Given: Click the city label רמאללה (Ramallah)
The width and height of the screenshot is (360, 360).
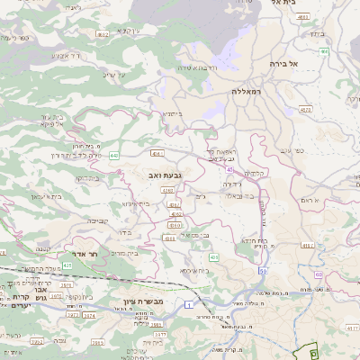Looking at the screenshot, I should tap(244, 92).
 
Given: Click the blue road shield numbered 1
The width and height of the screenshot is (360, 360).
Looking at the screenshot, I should tap(188, 307).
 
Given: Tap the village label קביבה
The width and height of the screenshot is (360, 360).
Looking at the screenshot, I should tap(96, 220).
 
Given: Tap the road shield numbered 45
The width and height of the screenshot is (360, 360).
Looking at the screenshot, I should tap(231, 168).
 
